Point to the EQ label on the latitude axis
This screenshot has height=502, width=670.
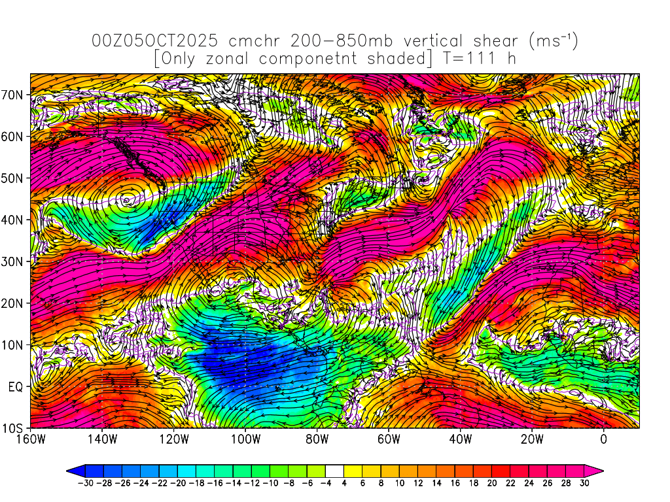[16, 387]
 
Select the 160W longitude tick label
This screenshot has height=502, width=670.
[31, 439]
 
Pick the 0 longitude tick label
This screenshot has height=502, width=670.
[603, 439]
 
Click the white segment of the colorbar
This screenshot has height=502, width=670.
[334, 469]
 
